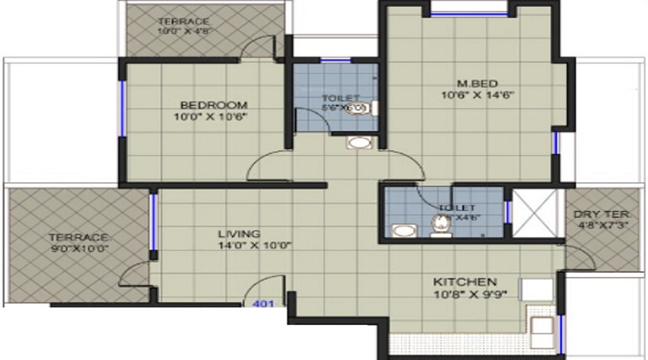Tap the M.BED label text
click(x=478, y=82)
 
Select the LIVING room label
click(x=240, y=234)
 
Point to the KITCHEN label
click(x=464, y=281)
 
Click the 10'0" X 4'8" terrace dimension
click(x=184, y=32)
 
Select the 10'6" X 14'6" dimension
click(x=478, y=94)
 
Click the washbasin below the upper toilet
click(x=358, y=143)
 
